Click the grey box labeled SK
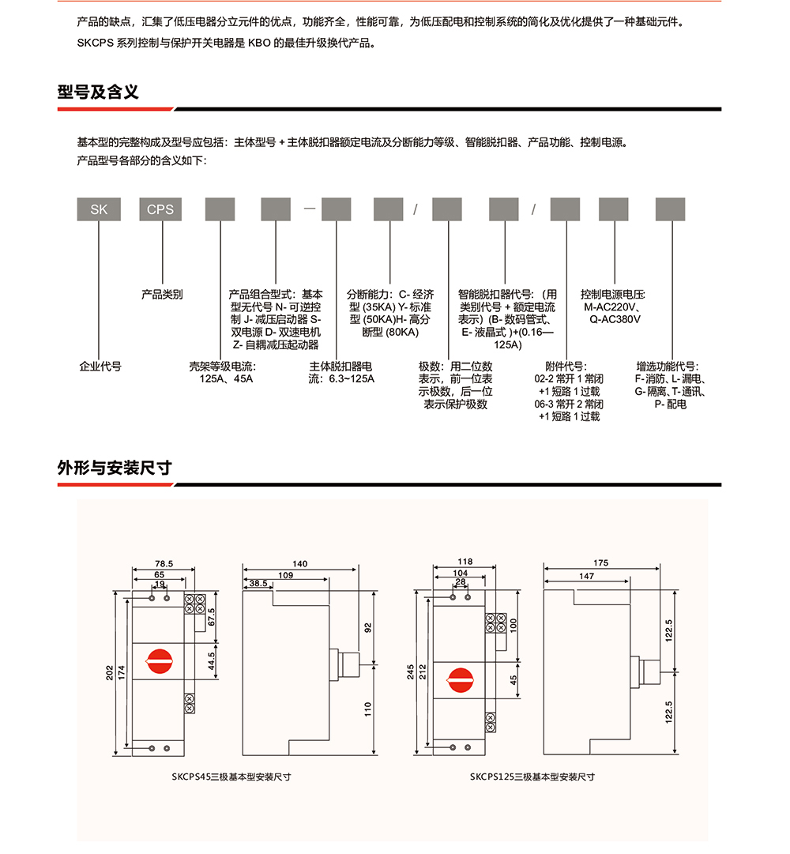pos(99,209)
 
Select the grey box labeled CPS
pos(160,209)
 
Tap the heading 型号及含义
pos(98,92)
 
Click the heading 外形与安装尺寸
pos(115,468)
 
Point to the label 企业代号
pos(100,367)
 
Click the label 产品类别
pos(162,295)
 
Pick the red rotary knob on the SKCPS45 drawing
pos(160,662)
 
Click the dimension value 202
pos(111,672)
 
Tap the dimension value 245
pos(411,672)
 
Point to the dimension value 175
pos(600,563)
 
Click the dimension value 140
pos(299,564)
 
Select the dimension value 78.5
pos(164,564)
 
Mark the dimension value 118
pos(465,562)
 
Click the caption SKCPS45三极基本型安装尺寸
pos(231,777)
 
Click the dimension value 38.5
pos(258,583)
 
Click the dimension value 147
pos(586,577)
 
